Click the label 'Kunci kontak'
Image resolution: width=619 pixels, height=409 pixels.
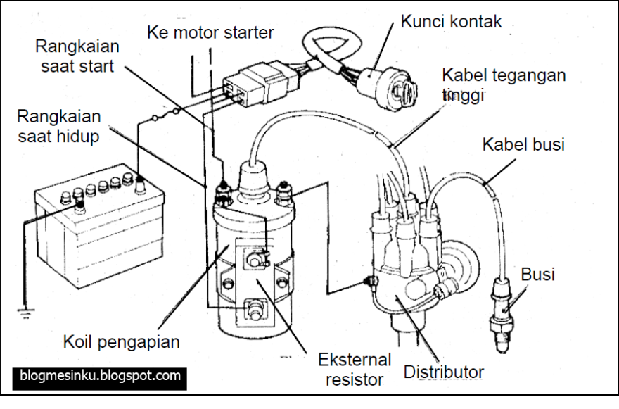pos(451,22)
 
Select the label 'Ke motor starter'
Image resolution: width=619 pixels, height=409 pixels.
pos(211,32)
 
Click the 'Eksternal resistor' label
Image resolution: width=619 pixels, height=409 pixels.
pos(351,370)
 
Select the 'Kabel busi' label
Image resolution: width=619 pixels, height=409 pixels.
pos(523,144)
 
